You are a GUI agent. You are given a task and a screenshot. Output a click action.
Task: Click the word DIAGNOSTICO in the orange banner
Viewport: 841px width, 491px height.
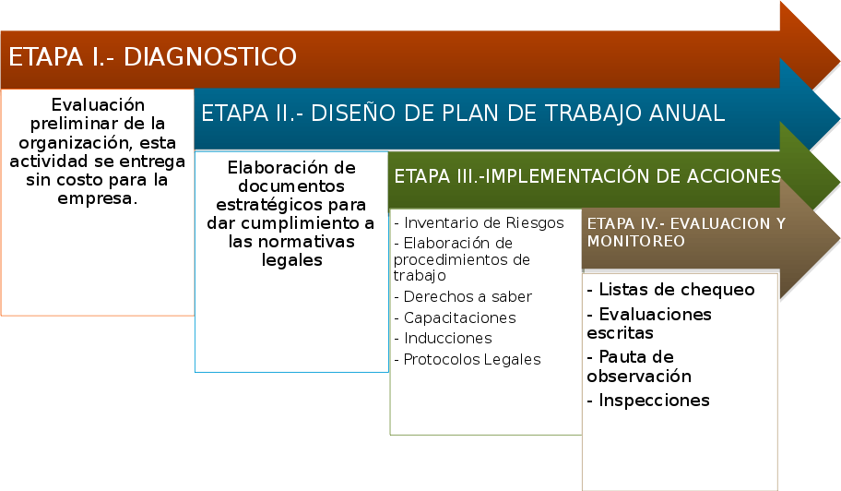209,57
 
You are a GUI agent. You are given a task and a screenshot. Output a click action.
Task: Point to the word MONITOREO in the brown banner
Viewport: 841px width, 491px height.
636,241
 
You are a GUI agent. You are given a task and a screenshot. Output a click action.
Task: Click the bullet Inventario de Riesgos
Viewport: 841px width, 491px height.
479,222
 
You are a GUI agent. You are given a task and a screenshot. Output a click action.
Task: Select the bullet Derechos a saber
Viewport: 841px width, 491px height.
464,297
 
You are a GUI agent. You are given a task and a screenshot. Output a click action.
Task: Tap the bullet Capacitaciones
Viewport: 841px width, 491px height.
456,317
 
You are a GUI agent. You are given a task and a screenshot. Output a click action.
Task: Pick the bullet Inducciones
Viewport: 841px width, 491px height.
444,338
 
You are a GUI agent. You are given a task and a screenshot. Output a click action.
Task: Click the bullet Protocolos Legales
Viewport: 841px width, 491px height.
468,360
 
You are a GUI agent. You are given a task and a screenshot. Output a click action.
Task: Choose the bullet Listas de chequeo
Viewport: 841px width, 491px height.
671,290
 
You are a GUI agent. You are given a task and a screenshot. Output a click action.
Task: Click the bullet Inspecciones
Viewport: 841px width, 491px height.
648,401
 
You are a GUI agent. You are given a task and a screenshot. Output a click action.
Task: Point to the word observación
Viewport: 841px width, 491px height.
639,377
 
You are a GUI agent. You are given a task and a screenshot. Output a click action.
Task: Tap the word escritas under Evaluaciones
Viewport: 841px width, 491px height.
620,332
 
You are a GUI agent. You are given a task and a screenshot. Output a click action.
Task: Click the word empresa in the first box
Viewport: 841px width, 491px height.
96,198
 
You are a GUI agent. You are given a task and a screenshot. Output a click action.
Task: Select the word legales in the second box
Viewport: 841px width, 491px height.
291,260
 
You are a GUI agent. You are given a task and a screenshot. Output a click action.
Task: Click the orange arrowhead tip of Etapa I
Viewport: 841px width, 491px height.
838,59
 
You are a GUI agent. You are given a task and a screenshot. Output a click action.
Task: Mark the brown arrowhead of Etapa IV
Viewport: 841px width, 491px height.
810,239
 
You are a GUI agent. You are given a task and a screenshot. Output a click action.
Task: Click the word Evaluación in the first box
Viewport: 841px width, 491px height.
98,104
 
